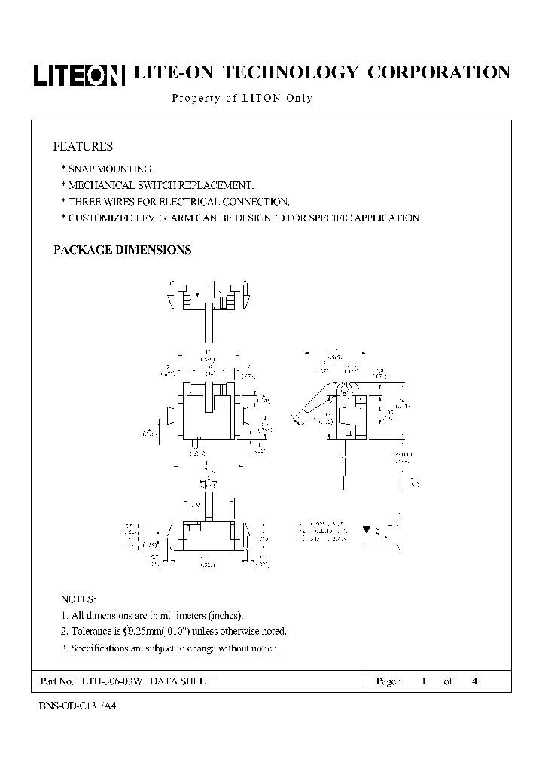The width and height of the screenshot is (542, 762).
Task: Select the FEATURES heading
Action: coord(83,146)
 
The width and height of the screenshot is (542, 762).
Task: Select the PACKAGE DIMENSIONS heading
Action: coord(122,250)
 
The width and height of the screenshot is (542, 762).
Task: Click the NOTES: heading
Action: coord(78,599)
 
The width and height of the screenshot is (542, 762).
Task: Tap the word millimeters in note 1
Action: coord(178,616)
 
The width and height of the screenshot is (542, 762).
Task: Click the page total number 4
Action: coord(474,681)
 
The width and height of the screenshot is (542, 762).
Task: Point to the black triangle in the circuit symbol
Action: coord(367,529)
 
